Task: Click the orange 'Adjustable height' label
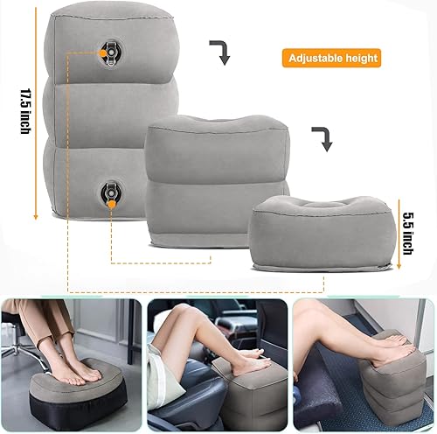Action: tap(331, 59)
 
